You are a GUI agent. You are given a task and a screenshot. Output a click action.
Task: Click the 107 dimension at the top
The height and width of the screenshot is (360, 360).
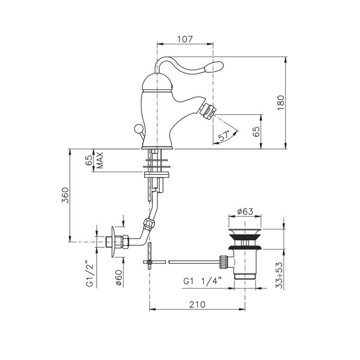(x=185, y=39)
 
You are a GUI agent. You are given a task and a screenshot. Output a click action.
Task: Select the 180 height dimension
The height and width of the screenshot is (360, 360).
(x=281, y=103)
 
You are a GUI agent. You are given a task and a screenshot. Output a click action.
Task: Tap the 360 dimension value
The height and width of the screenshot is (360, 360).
(x=65, y=195)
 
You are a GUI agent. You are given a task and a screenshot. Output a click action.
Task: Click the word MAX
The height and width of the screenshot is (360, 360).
(x=100, y=160)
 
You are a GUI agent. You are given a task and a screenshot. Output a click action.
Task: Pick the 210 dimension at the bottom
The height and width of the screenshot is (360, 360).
(x=197, y=304)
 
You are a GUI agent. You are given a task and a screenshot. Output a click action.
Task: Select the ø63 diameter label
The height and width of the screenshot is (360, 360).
(x=245, y=211)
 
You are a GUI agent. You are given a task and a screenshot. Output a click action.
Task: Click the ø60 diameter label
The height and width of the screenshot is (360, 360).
(x=119, y=277)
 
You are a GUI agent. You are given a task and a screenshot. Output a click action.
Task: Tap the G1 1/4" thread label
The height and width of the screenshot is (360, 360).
(x=203, y=281)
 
